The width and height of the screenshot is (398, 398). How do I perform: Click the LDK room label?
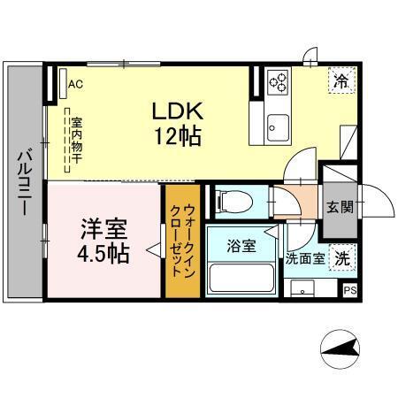180,112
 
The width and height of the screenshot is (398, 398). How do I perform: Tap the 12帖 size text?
180,136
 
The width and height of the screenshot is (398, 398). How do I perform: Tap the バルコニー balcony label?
23,185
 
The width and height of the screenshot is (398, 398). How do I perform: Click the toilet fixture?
233,199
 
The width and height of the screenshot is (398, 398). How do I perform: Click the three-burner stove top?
279,82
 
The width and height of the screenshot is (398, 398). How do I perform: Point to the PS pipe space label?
349,289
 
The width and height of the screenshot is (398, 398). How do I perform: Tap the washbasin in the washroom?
302,289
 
